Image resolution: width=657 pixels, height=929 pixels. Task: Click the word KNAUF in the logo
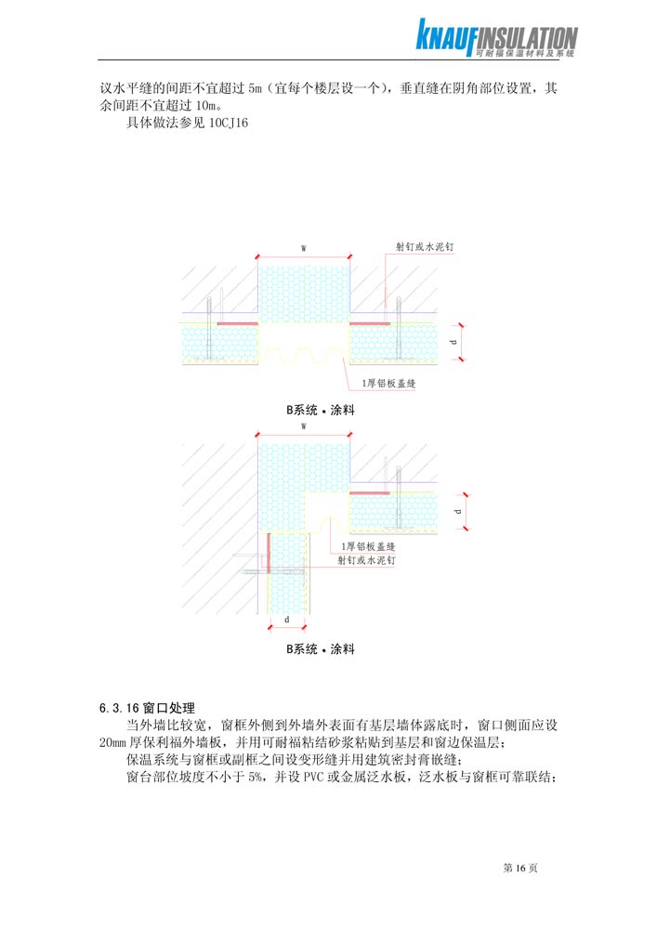click(x=445, y=36)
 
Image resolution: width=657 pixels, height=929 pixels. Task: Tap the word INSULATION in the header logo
click(x=527, y=39)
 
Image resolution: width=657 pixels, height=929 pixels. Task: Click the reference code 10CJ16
click(x=229, y=124)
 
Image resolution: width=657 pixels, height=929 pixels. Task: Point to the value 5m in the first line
click(x=255, y=89)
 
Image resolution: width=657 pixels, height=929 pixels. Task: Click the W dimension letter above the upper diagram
click(x=303, y=248)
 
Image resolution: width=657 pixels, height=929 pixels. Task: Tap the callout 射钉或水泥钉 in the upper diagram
click(x=425, y=246)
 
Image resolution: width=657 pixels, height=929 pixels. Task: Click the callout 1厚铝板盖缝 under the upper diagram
click(x=389, y=384)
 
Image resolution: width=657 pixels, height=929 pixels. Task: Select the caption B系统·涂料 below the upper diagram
click(x=321, y=410)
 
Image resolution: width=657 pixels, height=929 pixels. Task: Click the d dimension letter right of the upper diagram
click(x=454, y=342)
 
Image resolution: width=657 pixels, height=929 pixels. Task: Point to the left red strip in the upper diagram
click(x=238, y=323)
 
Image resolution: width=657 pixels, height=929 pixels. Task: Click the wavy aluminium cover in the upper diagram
click(x=304, y=354)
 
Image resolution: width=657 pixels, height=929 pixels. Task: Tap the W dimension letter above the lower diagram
click(x=303, y=426)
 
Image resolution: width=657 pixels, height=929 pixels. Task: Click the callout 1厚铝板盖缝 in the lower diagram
click(x=368, y=546)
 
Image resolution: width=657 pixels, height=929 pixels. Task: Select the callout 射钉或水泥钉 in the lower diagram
click(x=367, y=560)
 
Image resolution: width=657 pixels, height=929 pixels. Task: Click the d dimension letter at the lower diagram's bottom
click(x=287, y=620)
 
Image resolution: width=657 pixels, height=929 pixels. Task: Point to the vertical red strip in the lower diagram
click(x=269, y=554)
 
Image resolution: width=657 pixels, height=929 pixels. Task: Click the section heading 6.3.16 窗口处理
click(x=147, y=708)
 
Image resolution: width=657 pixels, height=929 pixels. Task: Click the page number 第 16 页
click(x=520, y=868)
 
